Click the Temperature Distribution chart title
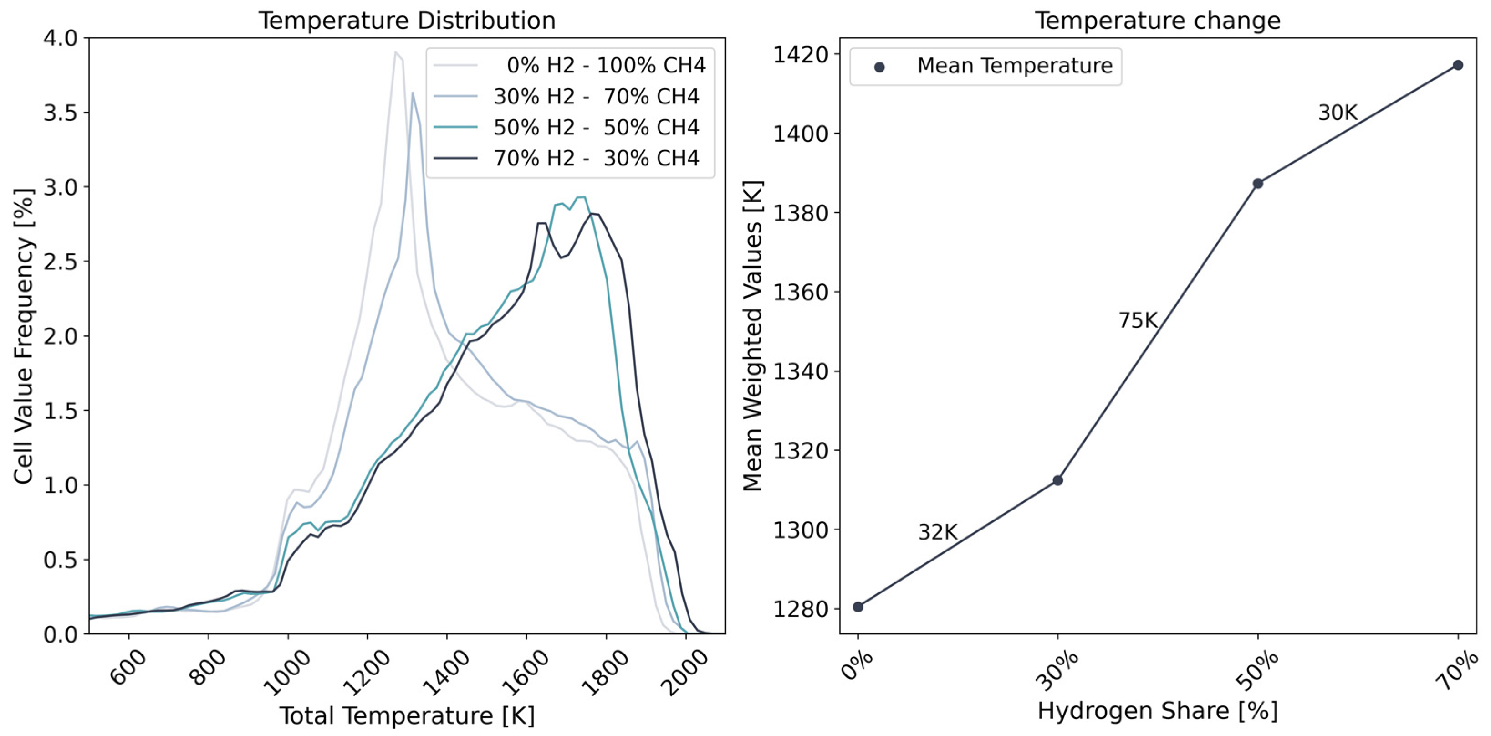click(406, 21)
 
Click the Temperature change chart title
click(1157, 21)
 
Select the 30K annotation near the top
click(1338, 113)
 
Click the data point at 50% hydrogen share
click(1258, 184)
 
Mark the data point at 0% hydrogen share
click(858, 607)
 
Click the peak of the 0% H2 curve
click(395, 52)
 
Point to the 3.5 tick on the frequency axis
click(60, 113)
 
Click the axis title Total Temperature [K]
click(407, 716)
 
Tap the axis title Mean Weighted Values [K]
click(752, 336)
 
